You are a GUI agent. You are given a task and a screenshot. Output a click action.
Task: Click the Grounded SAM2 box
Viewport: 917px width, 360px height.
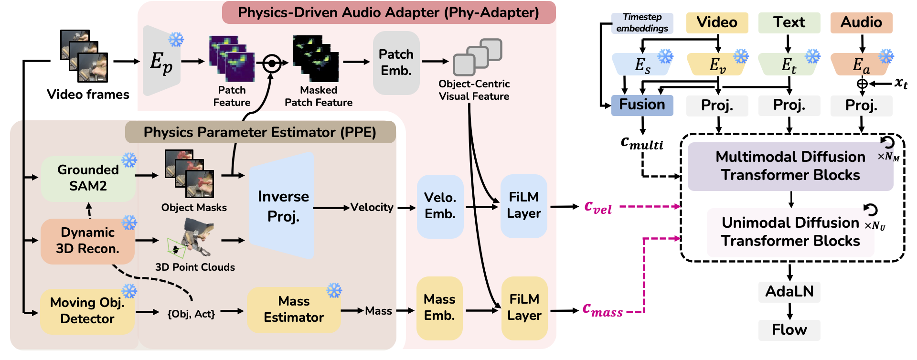(88, 178)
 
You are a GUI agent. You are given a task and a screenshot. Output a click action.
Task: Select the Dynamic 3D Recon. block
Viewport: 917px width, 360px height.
(87, 241)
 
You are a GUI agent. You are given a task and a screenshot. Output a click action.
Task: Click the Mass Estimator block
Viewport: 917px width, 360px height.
(294, 309)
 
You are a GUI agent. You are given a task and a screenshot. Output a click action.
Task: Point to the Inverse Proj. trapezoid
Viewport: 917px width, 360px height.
(283, 206)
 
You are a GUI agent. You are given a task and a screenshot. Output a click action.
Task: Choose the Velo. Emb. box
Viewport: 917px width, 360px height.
(440, 206)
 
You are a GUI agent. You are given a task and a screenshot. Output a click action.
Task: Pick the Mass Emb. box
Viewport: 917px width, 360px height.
(439, 308)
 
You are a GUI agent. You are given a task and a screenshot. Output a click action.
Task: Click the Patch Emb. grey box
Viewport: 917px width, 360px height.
(396, 63)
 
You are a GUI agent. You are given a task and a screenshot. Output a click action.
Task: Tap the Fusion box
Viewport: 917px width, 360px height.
(642, 105)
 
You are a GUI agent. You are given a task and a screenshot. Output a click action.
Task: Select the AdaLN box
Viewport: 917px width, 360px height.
(789, 291)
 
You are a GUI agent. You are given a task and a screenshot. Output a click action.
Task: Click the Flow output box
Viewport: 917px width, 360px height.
(789, 329)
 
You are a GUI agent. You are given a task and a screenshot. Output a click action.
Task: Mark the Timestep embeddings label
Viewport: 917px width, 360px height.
(642, 23)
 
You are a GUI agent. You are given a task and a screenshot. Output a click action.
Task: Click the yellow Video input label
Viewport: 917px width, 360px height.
(716, 22)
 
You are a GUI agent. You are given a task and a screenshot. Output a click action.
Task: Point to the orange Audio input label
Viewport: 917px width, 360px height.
(861, 22)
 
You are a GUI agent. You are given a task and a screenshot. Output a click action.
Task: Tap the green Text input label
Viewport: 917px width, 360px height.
(789, 22)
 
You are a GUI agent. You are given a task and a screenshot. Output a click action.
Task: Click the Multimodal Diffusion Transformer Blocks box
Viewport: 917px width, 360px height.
(790, 166)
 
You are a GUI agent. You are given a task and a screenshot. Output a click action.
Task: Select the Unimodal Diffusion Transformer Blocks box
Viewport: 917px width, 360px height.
(790, 232)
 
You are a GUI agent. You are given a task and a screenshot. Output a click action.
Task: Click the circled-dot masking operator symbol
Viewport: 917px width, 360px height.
(272, 63)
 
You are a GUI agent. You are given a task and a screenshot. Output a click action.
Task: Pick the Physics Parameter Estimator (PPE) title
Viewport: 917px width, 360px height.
(260, 132)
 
